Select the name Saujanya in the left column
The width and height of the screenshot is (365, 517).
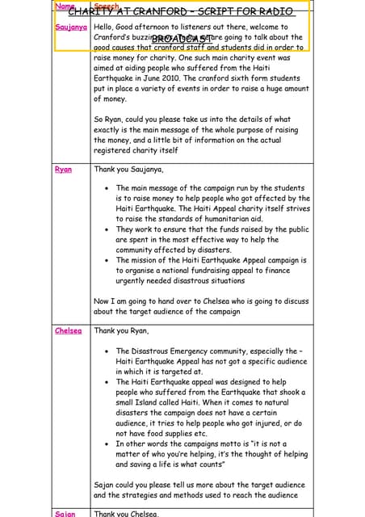(71, 27)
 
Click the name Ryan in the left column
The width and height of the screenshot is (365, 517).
(63, 170)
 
